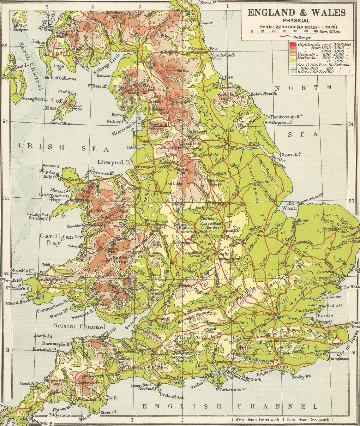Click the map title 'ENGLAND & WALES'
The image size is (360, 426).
click(x=296, y=13)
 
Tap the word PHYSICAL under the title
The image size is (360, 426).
click(x=296, y=21)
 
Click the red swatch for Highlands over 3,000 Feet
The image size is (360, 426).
click(x=292, y=45)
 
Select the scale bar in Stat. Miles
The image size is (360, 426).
click(x=284, y=31)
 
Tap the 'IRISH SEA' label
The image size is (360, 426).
click(x=63, y=147)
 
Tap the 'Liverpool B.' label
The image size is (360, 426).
click(x=114, y=162)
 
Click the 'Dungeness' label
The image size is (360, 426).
click(x=339, y=358)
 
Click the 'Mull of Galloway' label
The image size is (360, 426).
click(x=61, y=78)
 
